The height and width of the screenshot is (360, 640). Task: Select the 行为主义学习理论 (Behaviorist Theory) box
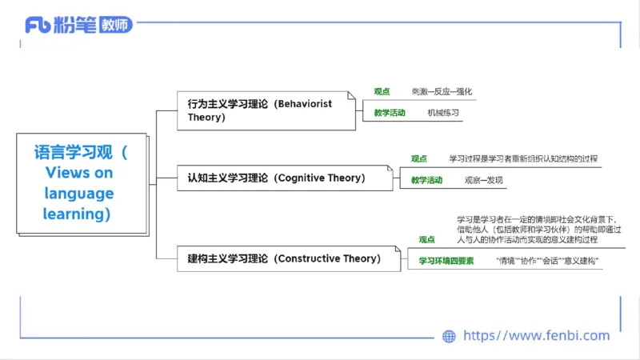point(265,110)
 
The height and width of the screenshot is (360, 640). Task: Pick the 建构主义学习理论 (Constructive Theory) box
point(284,258)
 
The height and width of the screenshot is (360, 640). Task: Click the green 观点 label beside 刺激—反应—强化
point(382,91)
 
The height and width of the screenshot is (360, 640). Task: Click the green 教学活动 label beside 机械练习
point(390,113)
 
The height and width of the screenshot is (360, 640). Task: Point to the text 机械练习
point(443,113)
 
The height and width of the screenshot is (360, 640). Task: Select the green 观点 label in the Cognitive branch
point(418,158)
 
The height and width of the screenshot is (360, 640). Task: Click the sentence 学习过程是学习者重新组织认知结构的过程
point(522,158)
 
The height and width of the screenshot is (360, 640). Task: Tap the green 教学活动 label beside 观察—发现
point(426,180)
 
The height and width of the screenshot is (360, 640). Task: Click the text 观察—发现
point(484,180)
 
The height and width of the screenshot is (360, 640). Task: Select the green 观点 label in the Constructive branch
point(426,239)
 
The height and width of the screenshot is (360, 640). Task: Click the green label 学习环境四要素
point(446,261)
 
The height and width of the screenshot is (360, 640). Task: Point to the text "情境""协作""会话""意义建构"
point(547,261)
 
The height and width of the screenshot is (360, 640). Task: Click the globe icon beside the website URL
point(449,336)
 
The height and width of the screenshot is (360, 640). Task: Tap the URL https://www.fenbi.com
point(537,336)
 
